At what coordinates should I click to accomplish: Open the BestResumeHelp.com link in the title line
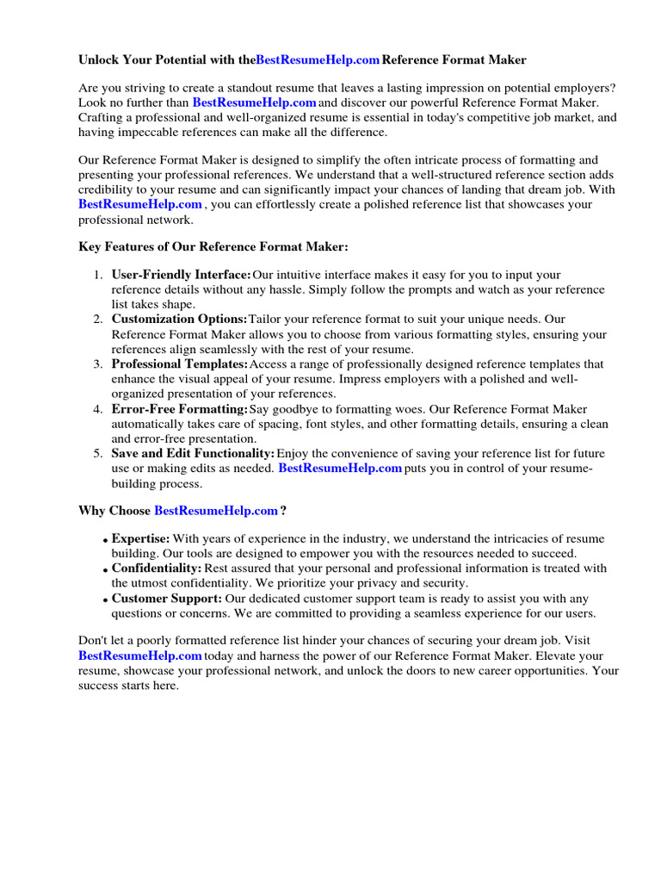tap(318, 60)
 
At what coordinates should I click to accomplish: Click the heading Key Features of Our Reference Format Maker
tap(213, 246)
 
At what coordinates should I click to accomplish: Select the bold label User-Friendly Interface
tap(182, 275)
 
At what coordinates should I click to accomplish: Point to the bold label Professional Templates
tap(180, 364)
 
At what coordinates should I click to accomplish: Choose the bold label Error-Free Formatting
tap(180, 409)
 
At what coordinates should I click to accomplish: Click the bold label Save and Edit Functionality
tap(194, 454)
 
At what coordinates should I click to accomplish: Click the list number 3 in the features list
tap(98, 364)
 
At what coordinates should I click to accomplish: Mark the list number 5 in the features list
tap(98, 454)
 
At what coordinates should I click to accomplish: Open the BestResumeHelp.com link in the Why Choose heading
tap(216, 511)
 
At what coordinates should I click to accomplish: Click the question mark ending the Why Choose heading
tap(283, 511)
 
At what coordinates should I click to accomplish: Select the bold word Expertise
tap(140, 539)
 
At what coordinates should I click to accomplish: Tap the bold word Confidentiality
tap(157, 568)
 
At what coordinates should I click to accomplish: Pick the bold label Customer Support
tap(166, 599)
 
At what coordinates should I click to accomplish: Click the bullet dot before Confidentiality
tap(105, 570)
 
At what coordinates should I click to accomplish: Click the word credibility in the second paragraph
tap(106, 190)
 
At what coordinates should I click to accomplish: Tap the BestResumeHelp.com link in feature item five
tap(341, 469)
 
